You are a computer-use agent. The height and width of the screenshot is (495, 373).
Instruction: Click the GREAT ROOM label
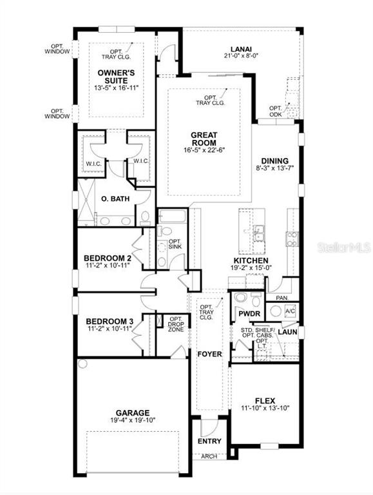point(204,139)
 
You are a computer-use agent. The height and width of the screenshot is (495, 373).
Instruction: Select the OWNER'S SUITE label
point(116,77)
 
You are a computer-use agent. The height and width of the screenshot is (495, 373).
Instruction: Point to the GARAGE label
point(133,413)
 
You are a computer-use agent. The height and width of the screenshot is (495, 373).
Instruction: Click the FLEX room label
point(265,401)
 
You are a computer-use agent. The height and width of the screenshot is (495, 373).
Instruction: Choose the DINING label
point(274,160)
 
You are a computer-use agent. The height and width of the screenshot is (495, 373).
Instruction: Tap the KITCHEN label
point(251,261)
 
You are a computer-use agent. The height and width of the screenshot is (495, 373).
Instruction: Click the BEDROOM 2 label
point(108,258)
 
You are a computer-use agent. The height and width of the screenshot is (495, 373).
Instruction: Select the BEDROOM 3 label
point(110,322)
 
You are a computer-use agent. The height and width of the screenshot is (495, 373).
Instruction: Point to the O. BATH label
point(115,199)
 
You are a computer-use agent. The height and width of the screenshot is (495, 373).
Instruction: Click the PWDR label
point(249,314)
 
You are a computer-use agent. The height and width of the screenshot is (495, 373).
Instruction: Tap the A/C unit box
point(291,311)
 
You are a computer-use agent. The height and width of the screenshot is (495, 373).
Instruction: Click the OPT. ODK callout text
point(276,111)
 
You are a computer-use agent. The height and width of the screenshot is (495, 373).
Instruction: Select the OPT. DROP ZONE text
point(176,324)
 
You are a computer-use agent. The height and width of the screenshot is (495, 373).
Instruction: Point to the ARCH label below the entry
point(209,456)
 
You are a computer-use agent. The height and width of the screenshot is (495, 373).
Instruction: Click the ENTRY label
point(209,441)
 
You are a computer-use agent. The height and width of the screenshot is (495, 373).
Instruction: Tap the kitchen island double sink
point(259,233)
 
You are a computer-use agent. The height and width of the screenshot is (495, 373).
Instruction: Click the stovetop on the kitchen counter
point(292,238)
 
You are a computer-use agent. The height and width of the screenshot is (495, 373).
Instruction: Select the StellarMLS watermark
point(344,247)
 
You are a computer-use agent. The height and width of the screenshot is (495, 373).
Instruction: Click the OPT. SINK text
point(175,244)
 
